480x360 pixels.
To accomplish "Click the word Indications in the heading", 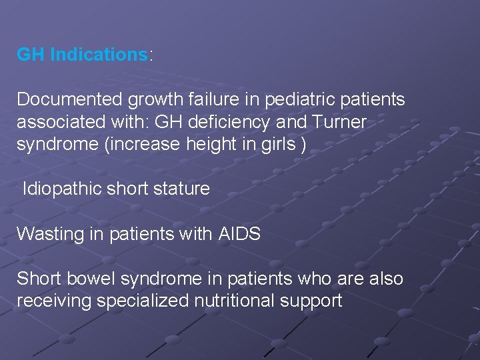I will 98,55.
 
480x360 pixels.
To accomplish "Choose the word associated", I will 59,123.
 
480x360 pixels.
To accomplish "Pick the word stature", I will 183,189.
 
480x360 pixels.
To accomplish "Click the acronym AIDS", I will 238,234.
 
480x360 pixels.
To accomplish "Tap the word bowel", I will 87,279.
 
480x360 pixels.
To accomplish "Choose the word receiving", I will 54,301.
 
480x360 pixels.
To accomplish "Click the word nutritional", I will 233,301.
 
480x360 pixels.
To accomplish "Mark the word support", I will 312,301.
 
